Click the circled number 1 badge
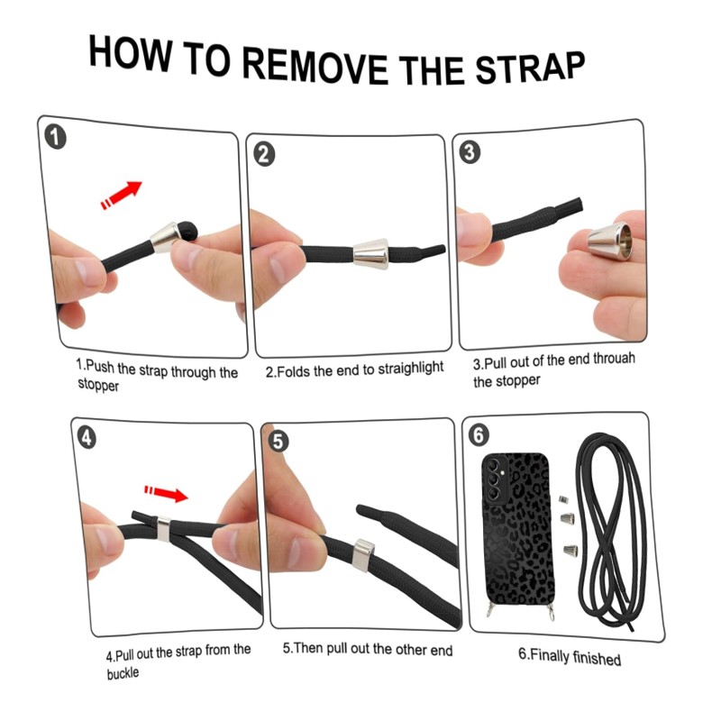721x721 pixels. (55, 138)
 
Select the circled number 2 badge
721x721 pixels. (264, 154)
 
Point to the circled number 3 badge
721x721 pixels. (470, 151)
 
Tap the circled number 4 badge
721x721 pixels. (87, 437)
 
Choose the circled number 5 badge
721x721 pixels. (278, 442)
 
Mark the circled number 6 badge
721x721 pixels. (479, 434)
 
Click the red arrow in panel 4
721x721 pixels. (167, 493)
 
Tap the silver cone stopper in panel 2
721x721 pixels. (370, 254)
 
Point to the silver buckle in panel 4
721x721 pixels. (164, 529)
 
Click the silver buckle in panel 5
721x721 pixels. (362, 555)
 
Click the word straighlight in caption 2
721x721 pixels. (411, 369)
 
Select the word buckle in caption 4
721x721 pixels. (123, 673)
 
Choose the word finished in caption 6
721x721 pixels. (597, 658)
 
